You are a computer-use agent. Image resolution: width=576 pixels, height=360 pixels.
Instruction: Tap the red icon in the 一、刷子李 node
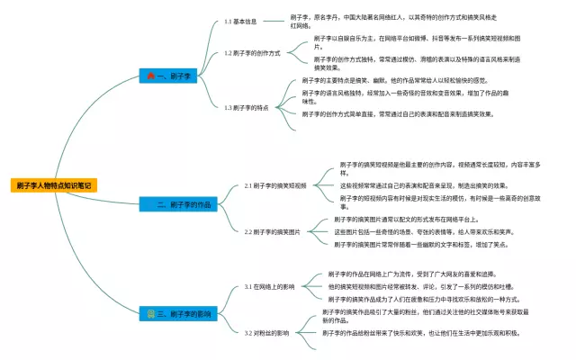click(x=150, y=76)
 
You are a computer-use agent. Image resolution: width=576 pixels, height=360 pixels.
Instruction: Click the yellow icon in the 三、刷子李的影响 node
click(x=150, y=314)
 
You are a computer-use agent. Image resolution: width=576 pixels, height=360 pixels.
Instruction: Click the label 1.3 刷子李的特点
click(x=248, y=106)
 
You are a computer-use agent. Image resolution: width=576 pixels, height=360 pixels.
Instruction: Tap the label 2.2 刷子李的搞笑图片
click(x=273, y=231)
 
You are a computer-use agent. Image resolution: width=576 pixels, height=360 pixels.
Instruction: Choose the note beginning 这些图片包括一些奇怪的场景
click(x=423, y=231)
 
